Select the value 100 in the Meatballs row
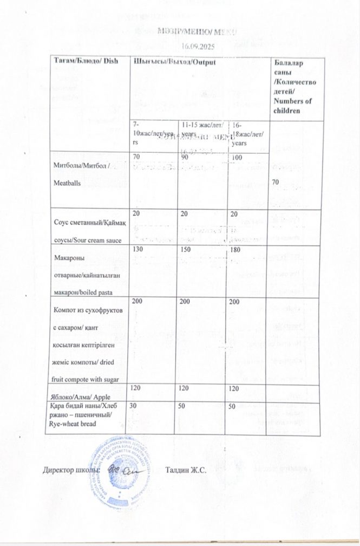click(237, 157)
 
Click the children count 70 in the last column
click(276, 183)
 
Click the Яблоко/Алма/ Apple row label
click(81, 397)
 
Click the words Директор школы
click(71, 470)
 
